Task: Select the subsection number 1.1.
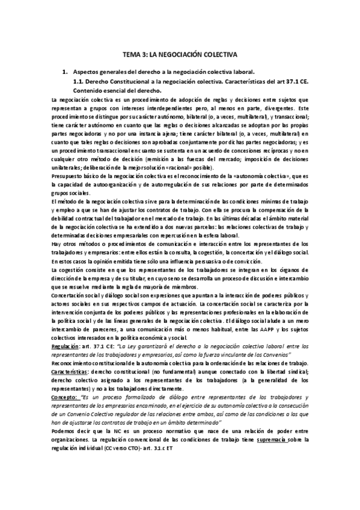tap(77, 81)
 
